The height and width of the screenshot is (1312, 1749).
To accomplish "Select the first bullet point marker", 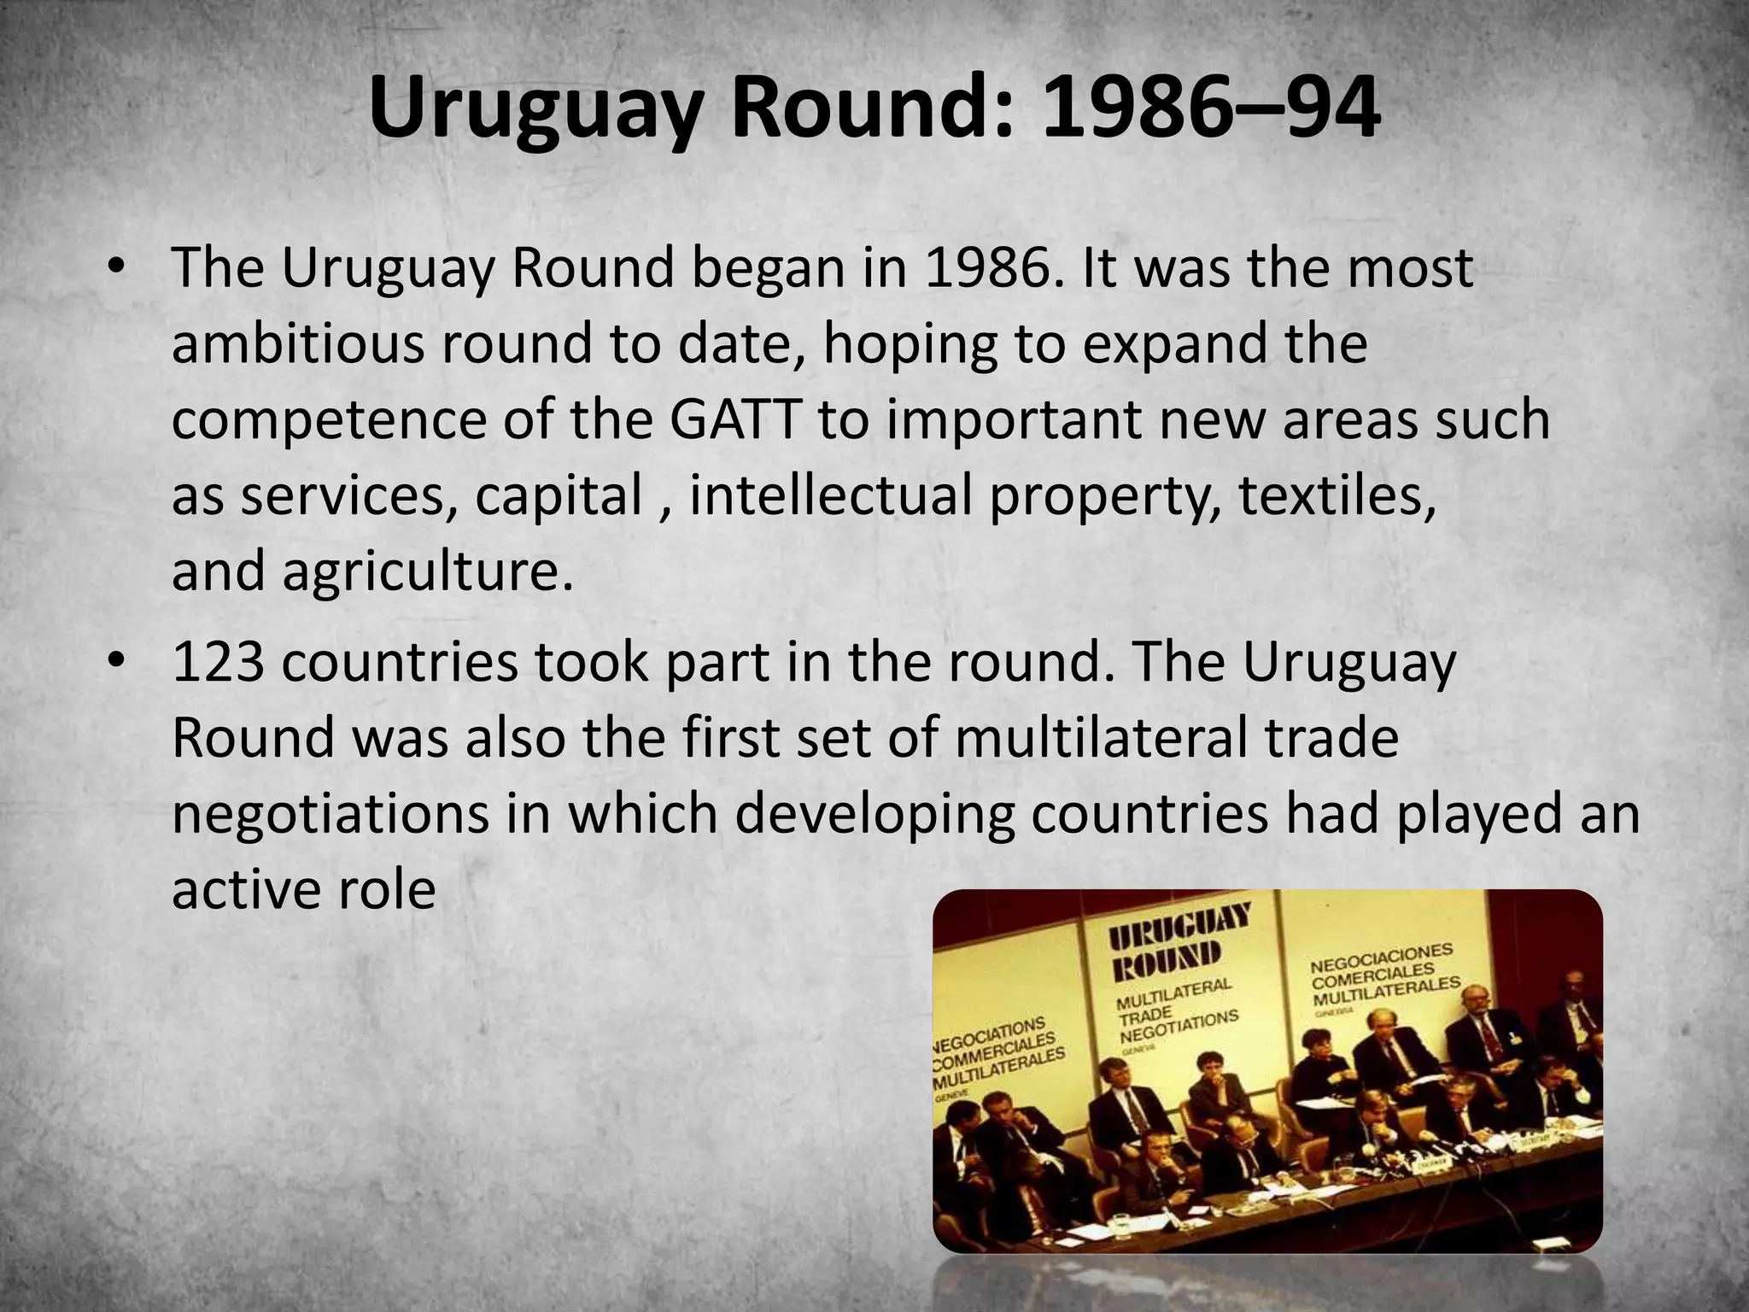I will click(117, 267).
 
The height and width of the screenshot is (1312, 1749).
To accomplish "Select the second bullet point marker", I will click(117, 662).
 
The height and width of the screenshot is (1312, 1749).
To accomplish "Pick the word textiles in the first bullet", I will click(1337, 495).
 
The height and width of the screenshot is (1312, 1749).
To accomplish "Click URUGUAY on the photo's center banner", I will click(1179, 926).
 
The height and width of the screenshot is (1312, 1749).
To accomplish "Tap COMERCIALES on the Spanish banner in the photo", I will click(1373, 975).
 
